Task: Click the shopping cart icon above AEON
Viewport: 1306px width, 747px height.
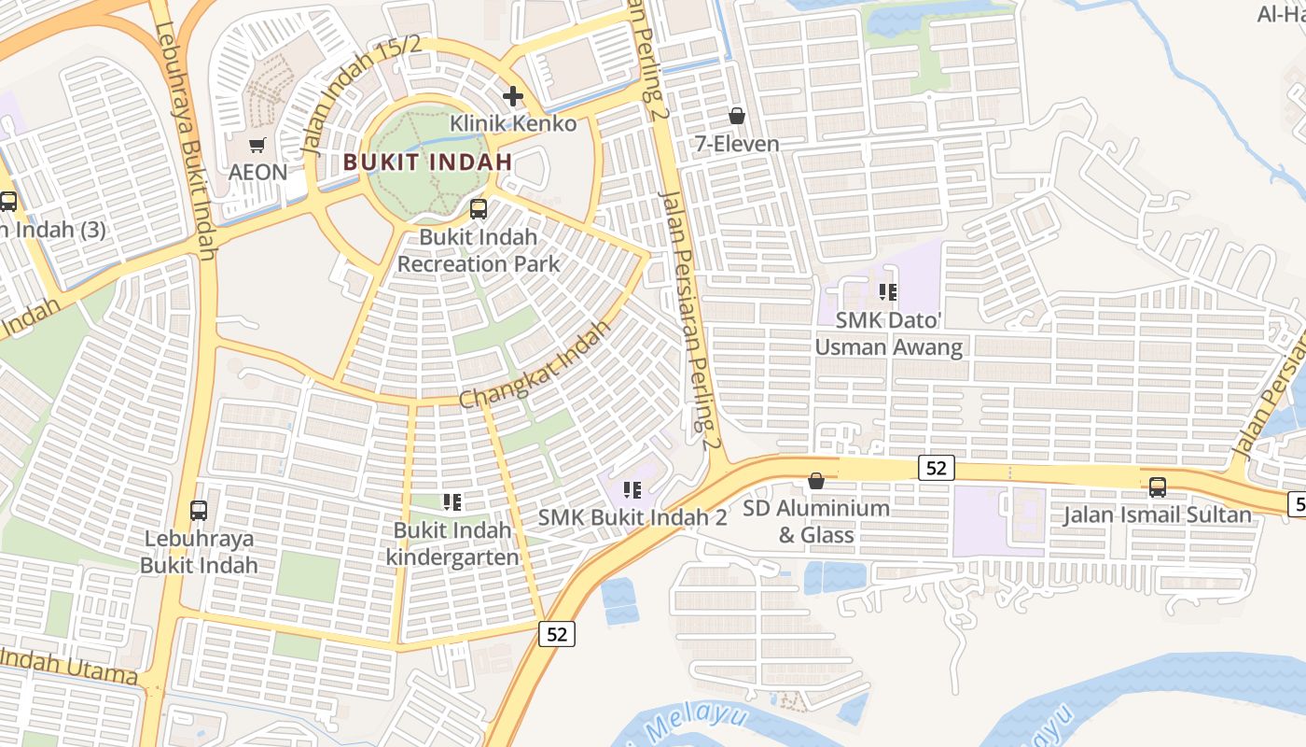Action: coord(257,145)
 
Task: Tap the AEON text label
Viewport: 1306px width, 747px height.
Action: coord(257,173)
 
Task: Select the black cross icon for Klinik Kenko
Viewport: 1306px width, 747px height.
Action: coord(512,95)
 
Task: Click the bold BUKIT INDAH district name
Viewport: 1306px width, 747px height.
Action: coord(427,162)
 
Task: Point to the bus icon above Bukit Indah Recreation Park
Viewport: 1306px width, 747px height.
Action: coord(479,208)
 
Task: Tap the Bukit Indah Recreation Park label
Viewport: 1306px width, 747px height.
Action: coord(479,250)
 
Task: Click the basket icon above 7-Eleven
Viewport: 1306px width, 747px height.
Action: coord(737,116)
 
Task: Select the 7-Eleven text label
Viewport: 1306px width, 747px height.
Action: coord(737,144)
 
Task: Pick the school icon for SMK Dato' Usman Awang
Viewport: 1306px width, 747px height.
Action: coord(888,292)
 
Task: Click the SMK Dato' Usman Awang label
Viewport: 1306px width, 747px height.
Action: coord(888,333)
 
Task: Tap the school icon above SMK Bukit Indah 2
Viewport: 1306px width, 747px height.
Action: coord(632,489)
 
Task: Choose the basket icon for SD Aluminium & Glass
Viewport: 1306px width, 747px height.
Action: coord(816,481)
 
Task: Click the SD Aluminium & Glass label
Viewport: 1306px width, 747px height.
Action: coord(816,521)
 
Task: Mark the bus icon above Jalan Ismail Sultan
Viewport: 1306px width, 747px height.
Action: coord(1158,486)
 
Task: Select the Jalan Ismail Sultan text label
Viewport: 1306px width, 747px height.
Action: coord(1158,514)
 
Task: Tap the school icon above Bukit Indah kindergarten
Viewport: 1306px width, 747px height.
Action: coord(452,502)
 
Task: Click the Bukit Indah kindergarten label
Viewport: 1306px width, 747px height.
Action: coord(452,543)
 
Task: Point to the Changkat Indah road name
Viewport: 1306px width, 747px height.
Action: coord(534,365)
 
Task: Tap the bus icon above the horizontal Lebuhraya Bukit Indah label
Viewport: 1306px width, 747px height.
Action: coord(199,510)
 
